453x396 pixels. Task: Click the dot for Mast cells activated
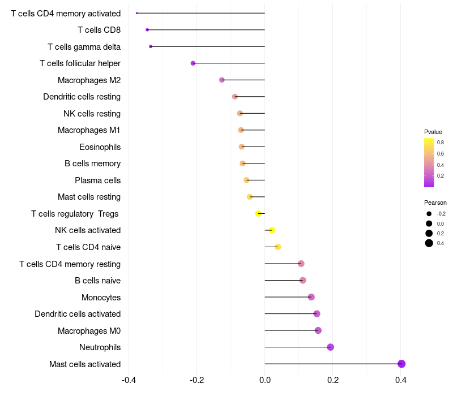(401, 364)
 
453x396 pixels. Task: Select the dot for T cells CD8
(147, 30)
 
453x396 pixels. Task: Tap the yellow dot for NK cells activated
(272, 230)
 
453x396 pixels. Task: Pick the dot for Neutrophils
(331, 347)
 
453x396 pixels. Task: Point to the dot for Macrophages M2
(222, 80)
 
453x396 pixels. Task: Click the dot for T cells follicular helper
(193, 63)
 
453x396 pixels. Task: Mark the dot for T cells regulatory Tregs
(258, 214)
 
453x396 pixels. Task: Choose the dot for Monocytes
(311, 296)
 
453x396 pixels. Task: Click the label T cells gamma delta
(84, 47)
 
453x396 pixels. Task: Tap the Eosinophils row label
(100, 147)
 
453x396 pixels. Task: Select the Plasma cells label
(97, 180)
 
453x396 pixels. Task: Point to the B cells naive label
(97, 281)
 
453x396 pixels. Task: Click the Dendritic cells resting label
(82, 97)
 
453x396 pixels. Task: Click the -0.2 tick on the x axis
(196, 380)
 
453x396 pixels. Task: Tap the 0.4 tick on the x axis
(401, 380)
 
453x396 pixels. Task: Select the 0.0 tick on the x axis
(264, 380)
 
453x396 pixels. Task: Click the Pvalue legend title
(433, 132)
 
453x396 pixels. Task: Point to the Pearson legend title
(435, 203)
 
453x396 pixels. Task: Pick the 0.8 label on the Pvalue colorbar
(441, 143)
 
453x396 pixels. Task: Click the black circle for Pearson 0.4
(429, 243)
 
